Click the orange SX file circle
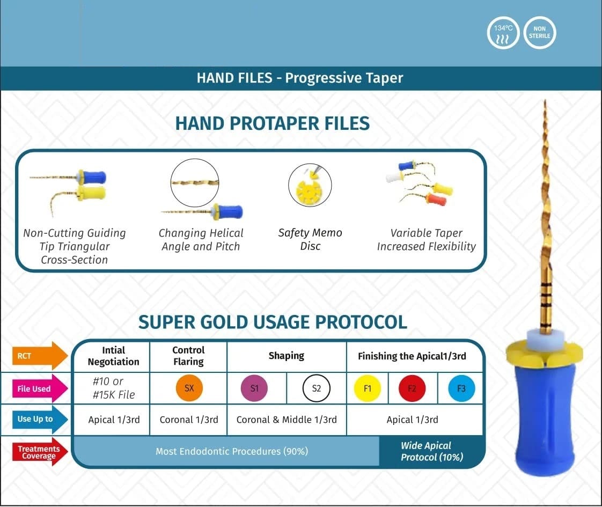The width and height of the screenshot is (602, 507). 189,388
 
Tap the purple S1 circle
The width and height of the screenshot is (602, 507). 254,388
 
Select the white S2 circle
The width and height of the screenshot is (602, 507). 316,388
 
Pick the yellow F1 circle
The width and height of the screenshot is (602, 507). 368,388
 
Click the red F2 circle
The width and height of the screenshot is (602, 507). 412,388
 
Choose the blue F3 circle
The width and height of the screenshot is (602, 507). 461,388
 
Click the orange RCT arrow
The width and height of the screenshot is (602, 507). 40,356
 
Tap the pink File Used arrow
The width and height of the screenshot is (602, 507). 40,388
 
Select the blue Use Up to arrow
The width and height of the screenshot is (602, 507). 40,419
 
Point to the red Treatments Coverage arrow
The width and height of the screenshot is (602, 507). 40,452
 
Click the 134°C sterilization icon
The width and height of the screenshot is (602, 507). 503,33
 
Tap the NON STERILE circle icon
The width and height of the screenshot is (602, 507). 539,33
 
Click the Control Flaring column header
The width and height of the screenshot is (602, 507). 188,356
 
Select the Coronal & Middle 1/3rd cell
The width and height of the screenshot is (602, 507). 287,420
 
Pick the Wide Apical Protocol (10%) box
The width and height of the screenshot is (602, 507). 431,451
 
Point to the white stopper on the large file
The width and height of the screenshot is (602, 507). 545,339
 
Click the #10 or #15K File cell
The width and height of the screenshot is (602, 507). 114,388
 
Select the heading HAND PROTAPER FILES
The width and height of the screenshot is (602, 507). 272,123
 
